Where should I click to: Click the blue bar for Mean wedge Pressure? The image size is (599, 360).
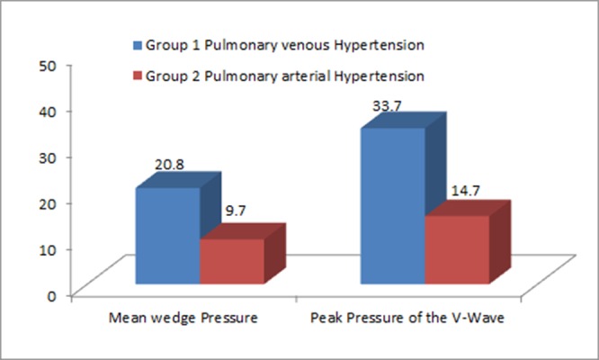(166, 236)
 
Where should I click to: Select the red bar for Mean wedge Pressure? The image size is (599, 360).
(231, 261)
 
